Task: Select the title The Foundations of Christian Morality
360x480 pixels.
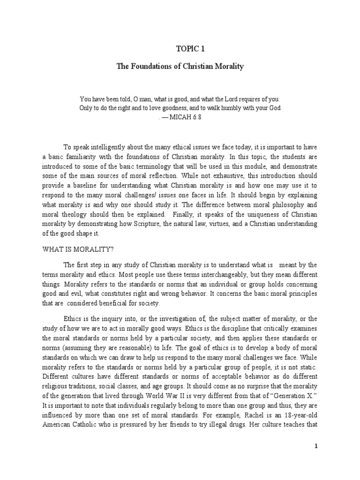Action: click(180, 67)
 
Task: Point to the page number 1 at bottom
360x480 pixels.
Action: click(316, 446)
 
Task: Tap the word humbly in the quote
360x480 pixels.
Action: click(225, 108)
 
